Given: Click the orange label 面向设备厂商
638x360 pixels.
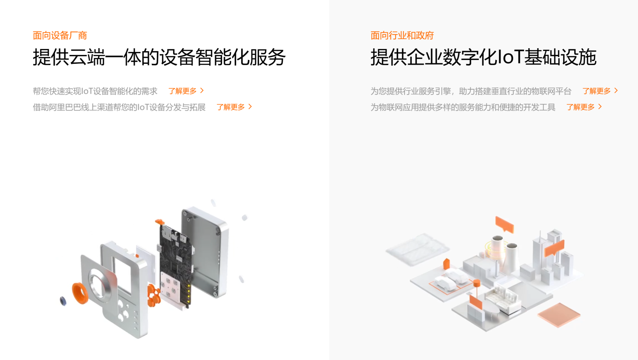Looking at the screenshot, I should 60,36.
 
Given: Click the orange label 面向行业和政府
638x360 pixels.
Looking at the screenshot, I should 402,36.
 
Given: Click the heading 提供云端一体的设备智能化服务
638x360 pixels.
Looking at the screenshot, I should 159,57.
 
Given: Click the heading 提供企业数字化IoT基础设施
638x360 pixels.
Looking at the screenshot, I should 483,57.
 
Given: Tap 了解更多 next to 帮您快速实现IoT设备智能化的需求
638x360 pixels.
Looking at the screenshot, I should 186,91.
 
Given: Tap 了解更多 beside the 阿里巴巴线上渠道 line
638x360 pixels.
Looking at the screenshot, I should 234,107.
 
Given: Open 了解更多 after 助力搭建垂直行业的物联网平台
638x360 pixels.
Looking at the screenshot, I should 600,91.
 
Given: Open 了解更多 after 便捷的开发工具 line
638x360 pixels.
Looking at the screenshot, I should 584,107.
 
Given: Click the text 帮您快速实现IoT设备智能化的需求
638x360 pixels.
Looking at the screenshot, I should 95,91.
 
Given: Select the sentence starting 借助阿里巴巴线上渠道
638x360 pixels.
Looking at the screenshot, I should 119,107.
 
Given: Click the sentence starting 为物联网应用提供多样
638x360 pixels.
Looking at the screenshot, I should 463,107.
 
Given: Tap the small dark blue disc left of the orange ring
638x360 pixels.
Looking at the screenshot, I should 63,301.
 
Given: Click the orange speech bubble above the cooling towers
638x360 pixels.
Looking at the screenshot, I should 504,224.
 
